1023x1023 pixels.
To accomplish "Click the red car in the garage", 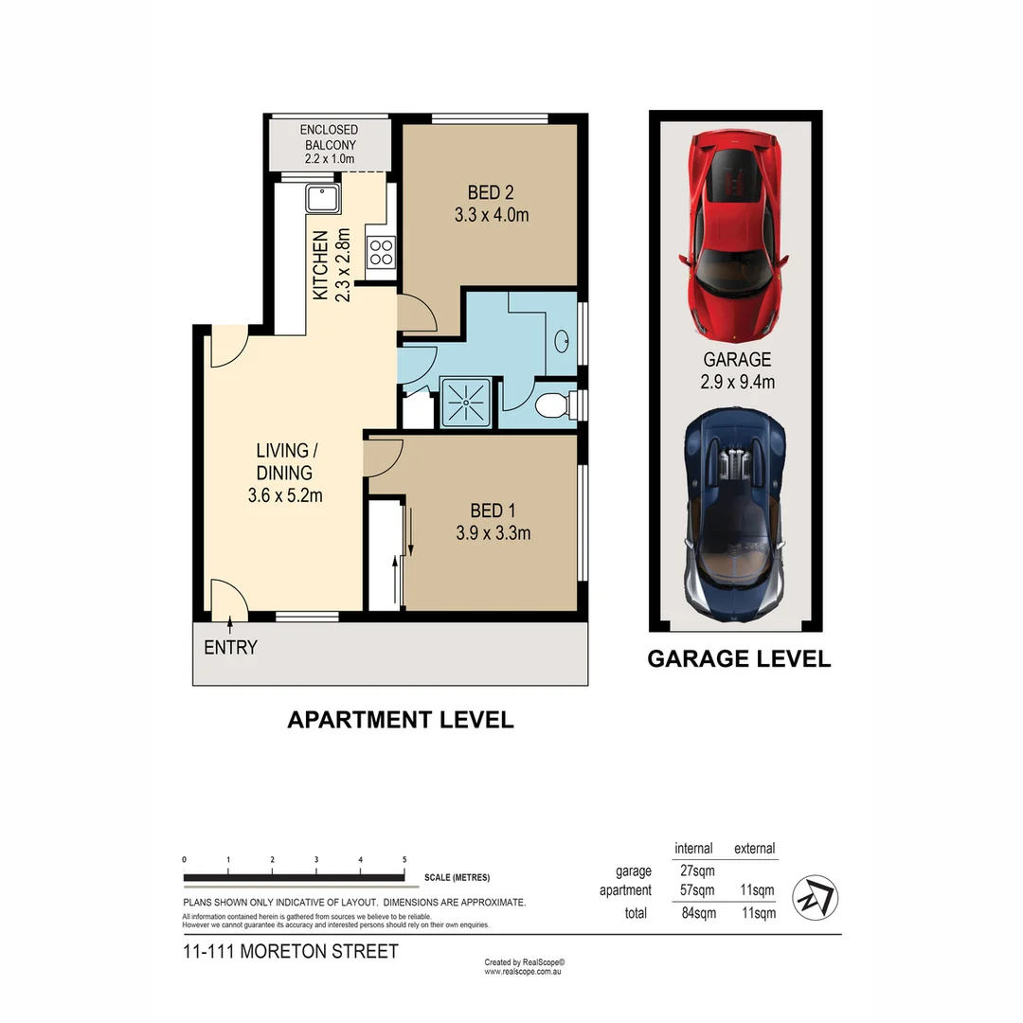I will pyautogui.click(x=735, y=237).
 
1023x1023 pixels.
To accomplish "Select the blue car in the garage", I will pyautogui.click(x=735, y=511).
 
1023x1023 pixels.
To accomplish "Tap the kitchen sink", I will pyautogui.click(x=322, y=199).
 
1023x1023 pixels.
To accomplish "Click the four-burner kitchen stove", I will pyautogui.click(x=380, y=251).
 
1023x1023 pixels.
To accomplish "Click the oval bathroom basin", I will pyautogui.click(x=561, y=340).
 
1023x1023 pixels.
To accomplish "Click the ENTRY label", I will pyautogui.click(x=230, y=648).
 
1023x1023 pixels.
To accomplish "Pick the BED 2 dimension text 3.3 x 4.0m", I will pyautogui.click(x=491, y=215).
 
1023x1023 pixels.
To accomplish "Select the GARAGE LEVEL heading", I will pyautogui.click(x=739, y=659).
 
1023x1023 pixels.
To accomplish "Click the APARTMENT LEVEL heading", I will pyautogui.click(x=400, y=720).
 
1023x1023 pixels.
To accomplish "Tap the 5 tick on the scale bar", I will pyautogui.click(x=404, y=860).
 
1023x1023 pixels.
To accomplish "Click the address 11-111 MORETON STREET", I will pyautogui.click(x=290, y=951).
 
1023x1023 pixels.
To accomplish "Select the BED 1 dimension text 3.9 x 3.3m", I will pyautogui.click(x=493, y=533).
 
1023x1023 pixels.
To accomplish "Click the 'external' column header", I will pyautogui.click(x=754, y=849).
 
